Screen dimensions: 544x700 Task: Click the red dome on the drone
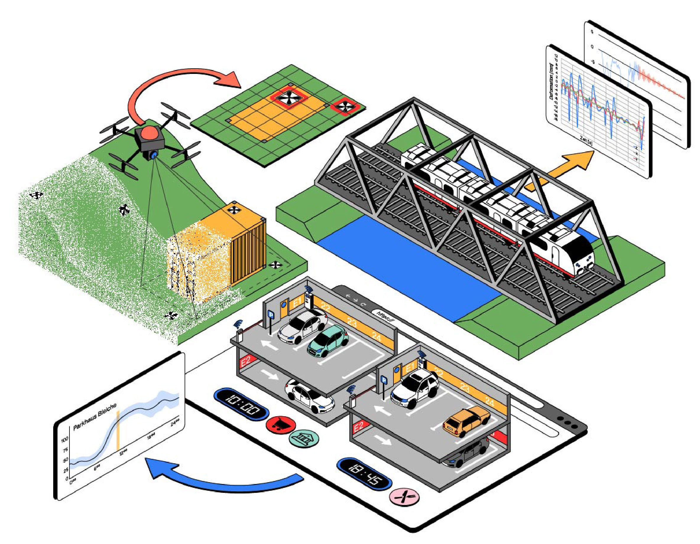tap(148, 132)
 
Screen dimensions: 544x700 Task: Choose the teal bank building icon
tap(304, 438)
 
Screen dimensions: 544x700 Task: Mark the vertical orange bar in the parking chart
tap(118, 431)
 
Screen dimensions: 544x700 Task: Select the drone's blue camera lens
tap(153, 156)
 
